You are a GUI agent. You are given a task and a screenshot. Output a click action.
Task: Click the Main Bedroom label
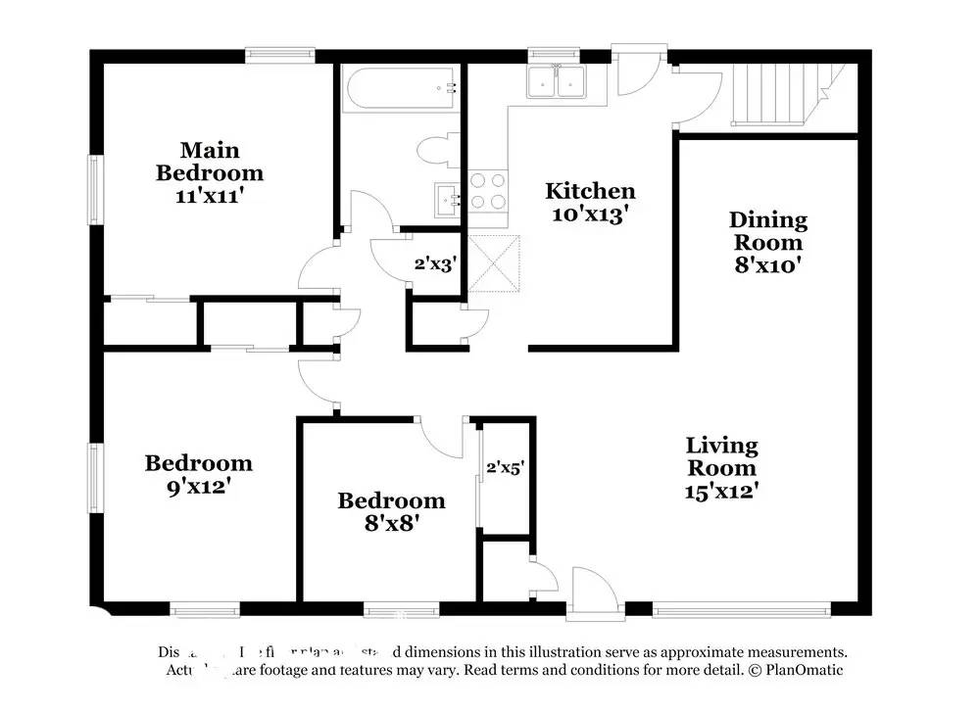click(210, 162)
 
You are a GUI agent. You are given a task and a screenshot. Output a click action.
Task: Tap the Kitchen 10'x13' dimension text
click(590, 214)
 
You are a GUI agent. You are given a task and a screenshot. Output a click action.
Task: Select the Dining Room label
click(768, 231)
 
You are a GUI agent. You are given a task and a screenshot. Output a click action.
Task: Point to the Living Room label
click(721, 456)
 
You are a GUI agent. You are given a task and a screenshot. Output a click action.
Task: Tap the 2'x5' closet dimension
click(506, 468)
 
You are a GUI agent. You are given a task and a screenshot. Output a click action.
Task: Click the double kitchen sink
click(556, 83)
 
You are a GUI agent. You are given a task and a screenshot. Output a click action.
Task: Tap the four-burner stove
click(488, 191)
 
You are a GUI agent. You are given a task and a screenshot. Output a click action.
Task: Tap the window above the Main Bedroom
click(279, 56)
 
